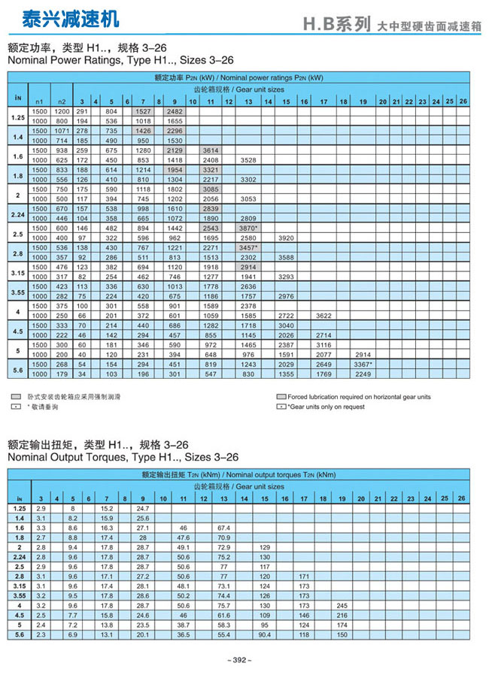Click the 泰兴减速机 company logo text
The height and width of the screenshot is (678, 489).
click(x=60, y=18)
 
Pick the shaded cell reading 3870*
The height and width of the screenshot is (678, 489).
click(x=249, y=227)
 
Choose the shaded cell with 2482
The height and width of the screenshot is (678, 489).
click(x=175, y=111)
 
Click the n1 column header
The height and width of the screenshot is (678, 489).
click(x=39, y=101)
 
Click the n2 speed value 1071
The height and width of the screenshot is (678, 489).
click(x=62, y=131)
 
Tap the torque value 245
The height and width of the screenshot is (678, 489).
click(x=343, y=604)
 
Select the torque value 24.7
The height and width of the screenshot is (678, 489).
click(x=143, y=509)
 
